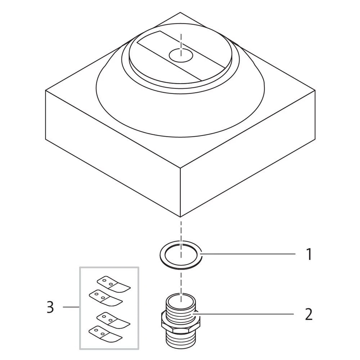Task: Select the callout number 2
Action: (309, 315)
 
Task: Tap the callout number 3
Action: (50, 307)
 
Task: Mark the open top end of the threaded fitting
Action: (181, 299)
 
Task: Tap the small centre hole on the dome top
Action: (181, 55)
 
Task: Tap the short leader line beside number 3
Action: (71, 307)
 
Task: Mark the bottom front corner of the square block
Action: (180, 217)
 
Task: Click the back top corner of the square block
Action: (180, 13)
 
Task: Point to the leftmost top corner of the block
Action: (45, 90)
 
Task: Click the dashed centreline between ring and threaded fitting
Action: (181, 279)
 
